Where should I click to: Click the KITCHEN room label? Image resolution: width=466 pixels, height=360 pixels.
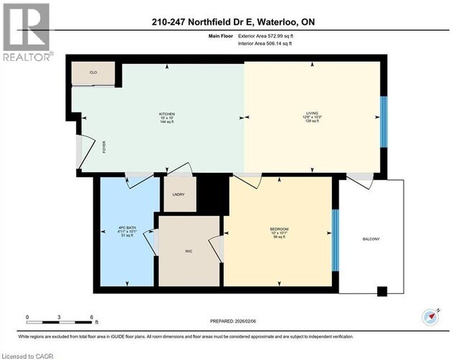click(x=166, y=113)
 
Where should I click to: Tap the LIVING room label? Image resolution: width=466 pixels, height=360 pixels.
click(x=312, y=113)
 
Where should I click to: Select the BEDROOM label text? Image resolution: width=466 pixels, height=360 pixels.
click(x=279, y=229)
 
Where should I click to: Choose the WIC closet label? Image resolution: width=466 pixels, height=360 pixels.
click(x=189, y=251)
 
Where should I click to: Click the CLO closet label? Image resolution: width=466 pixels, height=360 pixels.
click(x=93, y=73)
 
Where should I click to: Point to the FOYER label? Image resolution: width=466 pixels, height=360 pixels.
click(x=104, y=149)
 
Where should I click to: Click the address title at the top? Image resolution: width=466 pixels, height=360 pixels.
click(x=234, y=23)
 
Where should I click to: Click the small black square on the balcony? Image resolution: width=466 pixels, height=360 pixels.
click(x=382, y=291)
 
